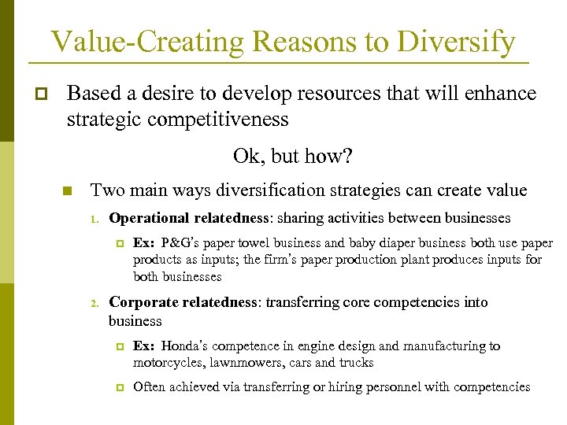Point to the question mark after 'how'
(x=347, y=156)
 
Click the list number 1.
(x=92, y=219)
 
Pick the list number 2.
(x=92, y=303)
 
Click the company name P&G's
(x=187, y=243)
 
